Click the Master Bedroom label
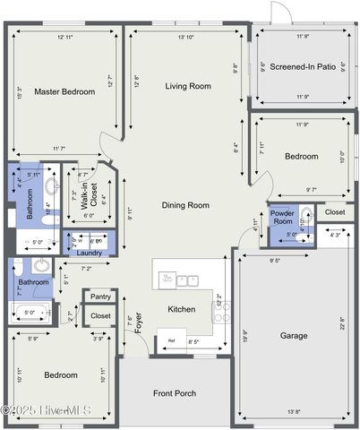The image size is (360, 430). point(64,91)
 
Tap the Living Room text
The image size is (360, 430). point(188,86)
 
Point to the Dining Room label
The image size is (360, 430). point(185,205)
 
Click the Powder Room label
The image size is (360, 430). point(282,219)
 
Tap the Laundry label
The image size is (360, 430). point(90,253)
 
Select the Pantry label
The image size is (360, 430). point(100,297)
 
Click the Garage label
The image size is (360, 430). point(294,336)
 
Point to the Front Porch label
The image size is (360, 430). point(175,393)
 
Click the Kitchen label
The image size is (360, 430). point(182,309)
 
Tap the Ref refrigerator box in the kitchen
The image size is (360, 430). point(171,340)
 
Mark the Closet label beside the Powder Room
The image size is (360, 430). point(335,212)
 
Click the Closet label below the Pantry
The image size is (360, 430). point(100,316)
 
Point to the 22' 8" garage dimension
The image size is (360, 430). point(342,322)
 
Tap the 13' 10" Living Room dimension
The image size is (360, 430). point(186,38)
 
